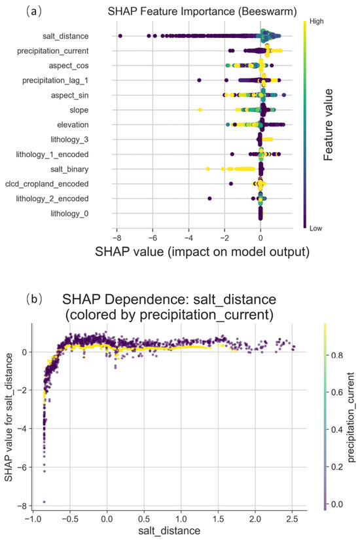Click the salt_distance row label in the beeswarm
[65, 36]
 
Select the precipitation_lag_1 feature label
[55, 81]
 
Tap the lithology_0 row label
[69, 214]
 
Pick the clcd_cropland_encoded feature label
[47, 184]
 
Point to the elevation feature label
[73, 124]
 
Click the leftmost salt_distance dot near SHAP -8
[120, 36]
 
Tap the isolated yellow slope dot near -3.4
[200, 110]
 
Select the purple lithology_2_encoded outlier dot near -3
[209, 198]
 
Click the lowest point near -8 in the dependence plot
[44, 502]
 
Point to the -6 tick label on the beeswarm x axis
[153, 238]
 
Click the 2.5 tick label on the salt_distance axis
[292, 519]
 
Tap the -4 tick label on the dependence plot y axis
[24, 429]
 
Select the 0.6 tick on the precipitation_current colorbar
[336, 392]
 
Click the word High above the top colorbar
[317, 22]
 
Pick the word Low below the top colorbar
[315, 228]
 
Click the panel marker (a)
[34, 11]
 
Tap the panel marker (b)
[34, 299]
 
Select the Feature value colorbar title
[329, 124]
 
